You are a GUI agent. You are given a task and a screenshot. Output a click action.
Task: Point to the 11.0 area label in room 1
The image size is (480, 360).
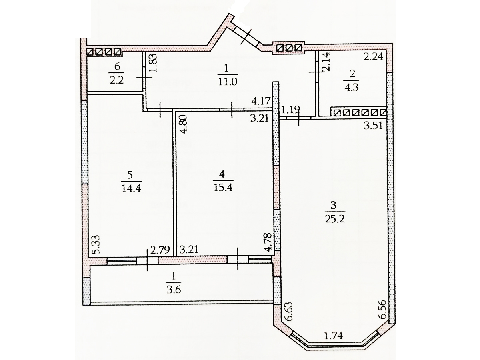[228, 82]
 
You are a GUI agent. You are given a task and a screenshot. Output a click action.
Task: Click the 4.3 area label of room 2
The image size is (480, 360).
[352, 88]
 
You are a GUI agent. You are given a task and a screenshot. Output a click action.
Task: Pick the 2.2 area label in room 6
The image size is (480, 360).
[116, 80]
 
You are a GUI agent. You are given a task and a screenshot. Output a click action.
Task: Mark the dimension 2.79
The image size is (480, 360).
[160, 250]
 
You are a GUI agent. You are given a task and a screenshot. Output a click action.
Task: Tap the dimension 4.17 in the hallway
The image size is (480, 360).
[261, 101]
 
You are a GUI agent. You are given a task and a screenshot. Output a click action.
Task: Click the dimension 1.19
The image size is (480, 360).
[290, 110]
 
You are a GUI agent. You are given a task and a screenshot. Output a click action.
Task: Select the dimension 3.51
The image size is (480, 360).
[373, 126]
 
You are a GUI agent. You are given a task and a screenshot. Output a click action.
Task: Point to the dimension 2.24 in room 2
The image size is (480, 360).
[374, 57]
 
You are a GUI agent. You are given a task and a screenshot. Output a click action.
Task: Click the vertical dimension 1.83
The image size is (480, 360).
[154, 62]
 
